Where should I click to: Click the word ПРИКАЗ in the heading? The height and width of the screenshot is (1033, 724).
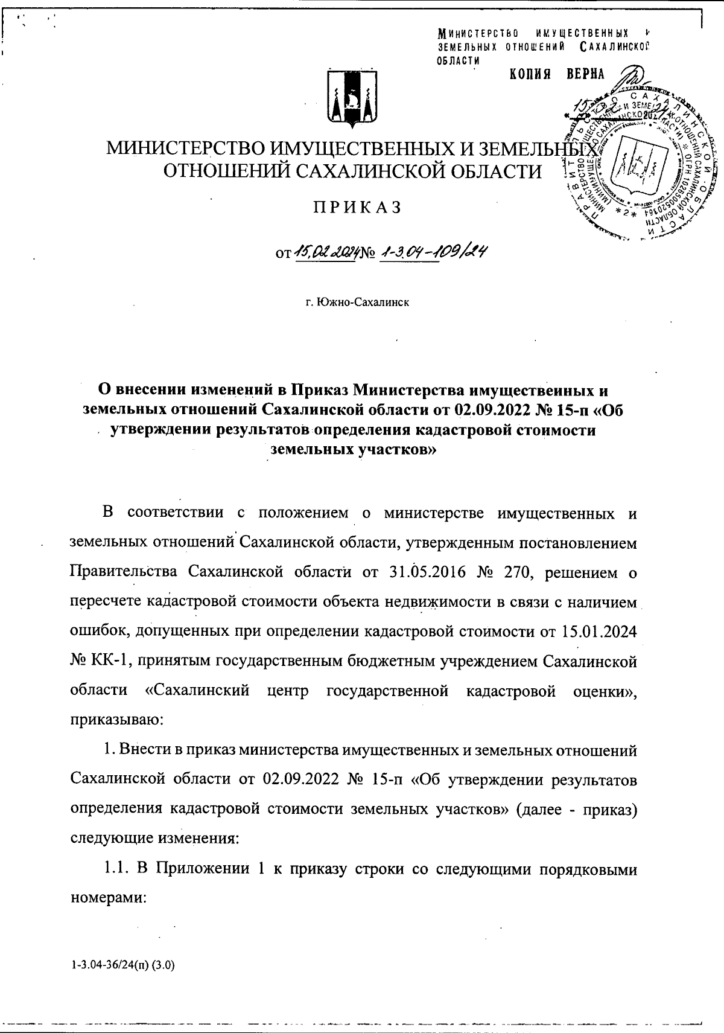[x=356, y=207]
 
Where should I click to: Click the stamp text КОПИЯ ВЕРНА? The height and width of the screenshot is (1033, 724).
[x=557, y=74]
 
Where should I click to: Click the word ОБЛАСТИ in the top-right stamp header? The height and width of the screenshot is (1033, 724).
[x=459, y=60]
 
